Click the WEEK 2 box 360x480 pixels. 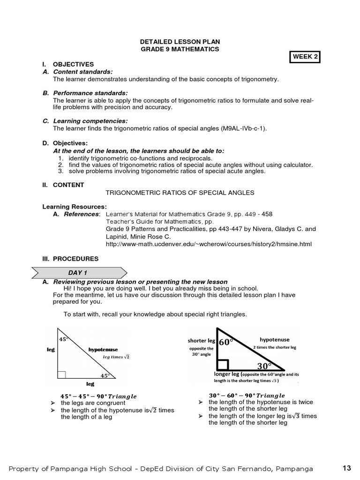pos(305,57)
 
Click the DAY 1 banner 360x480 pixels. pos(78,272)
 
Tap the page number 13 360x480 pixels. pos(346,468)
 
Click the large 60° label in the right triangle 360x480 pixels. pos(226,342)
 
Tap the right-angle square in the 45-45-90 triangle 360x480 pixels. pos(61,375)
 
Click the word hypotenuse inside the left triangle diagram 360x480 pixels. pos(103,349)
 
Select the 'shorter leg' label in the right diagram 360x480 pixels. pos(201,341)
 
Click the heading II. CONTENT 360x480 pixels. pos(63,185)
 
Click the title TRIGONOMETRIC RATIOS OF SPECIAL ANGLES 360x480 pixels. pos(180,193)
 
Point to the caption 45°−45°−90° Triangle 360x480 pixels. pos(98,396)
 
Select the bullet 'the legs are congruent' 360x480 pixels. pos(93,403)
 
